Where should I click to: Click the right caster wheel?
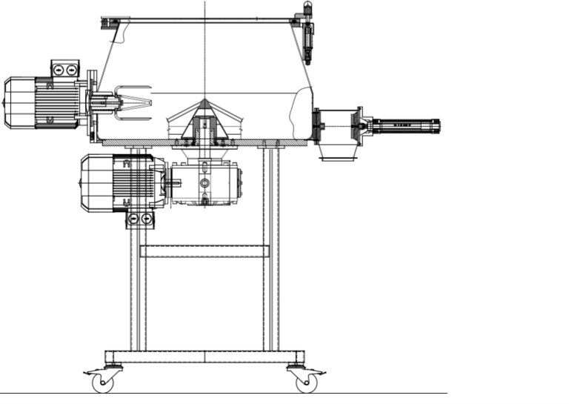(x=305, y=383)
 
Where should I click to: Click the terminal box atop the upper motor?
(x=64, y=69)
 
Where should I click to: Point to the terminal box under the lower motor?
(x=141, y=219)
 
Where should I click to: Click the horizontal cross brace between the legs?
(x=204, y=251)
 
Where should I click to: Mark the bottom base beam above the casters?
(x=204, y=357)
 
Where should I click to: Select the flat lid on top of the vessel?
(x=204, y=19)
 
